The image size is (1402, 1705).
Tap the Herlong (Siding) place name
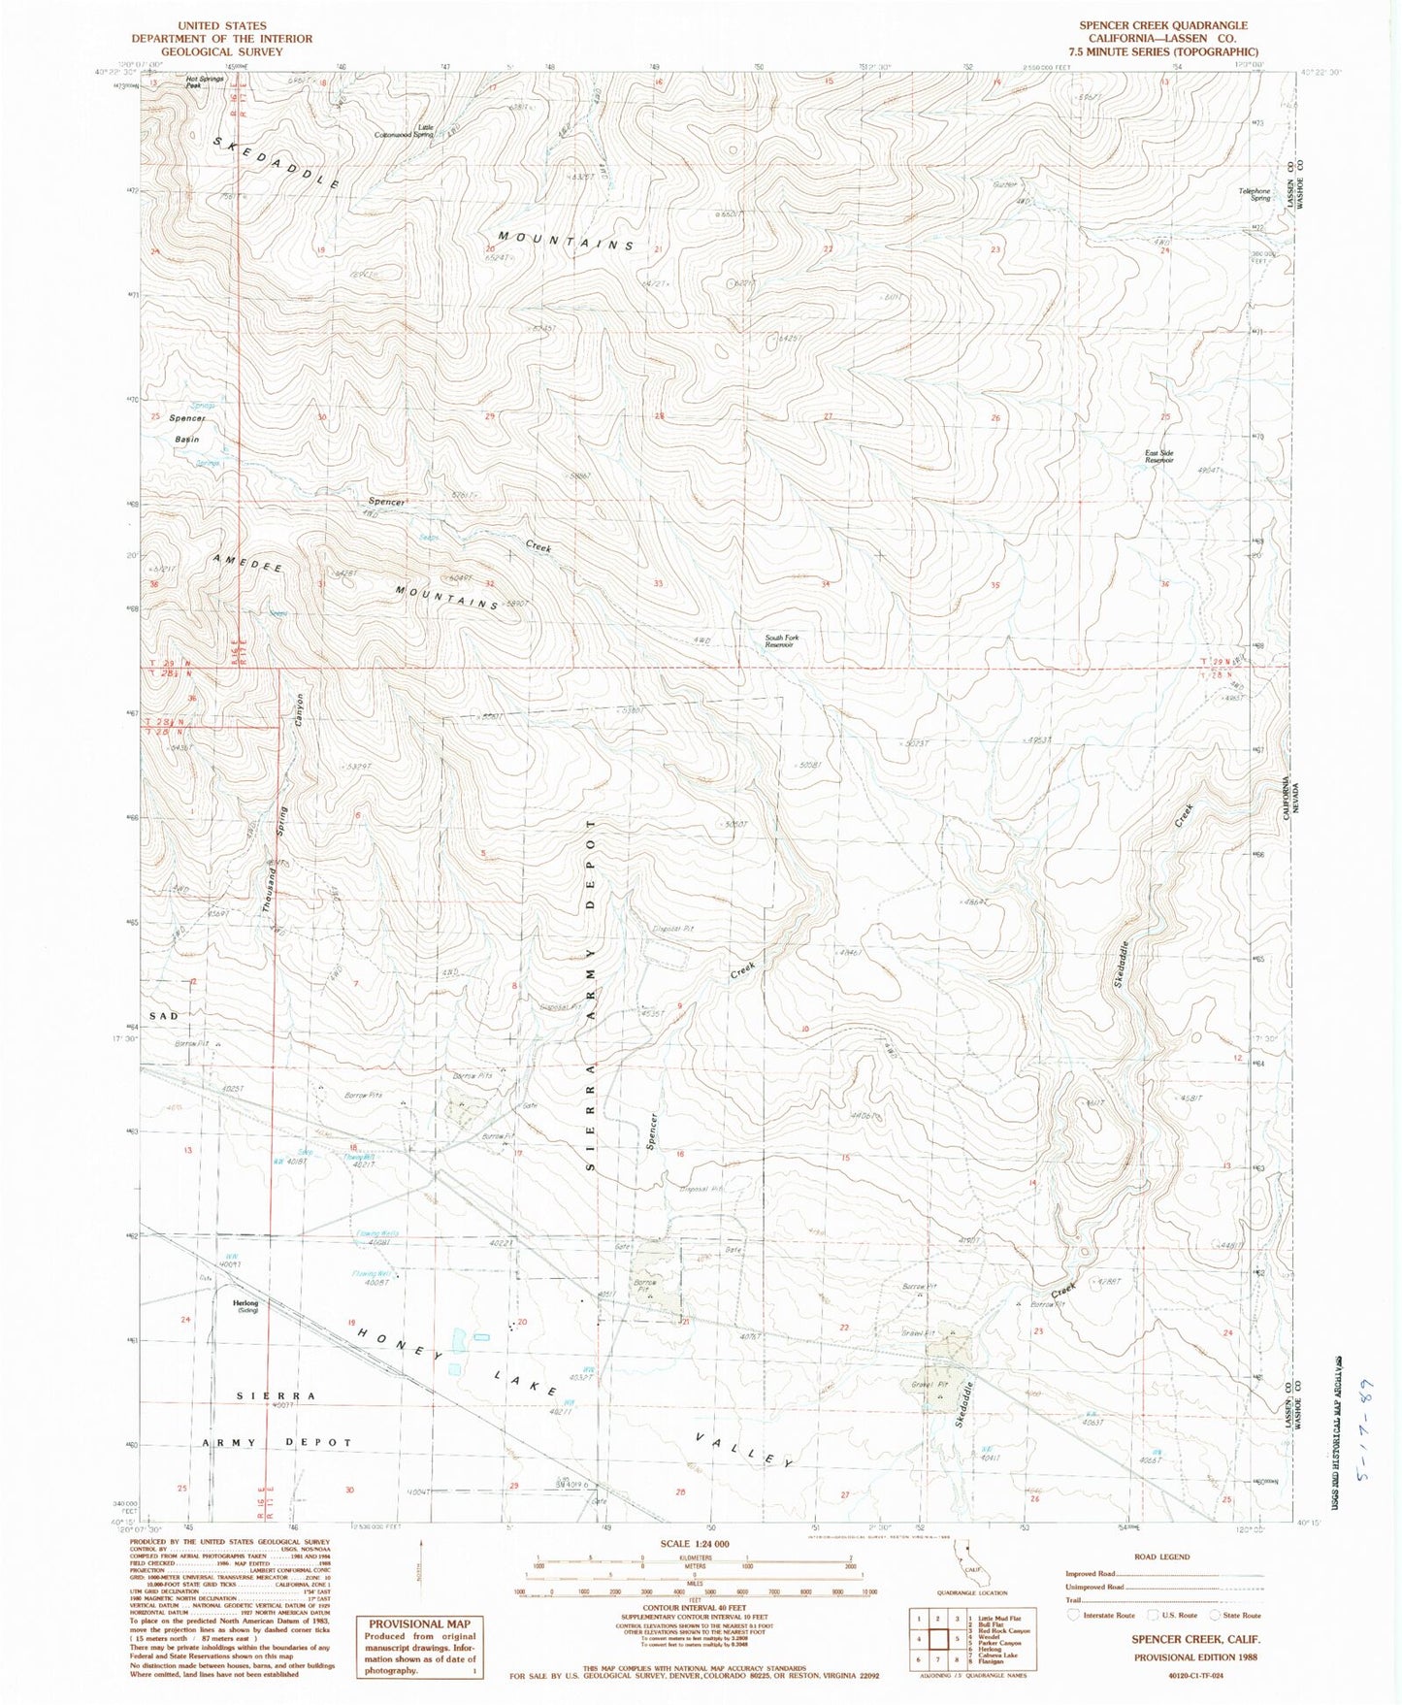click(x=245, y=1306)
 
